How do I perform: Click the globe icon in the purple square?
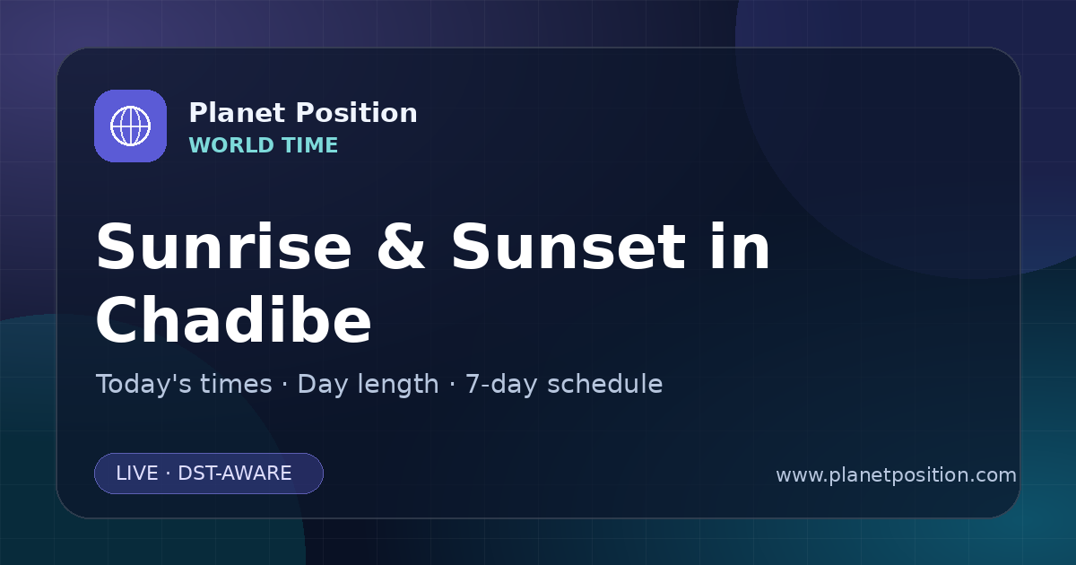click(x=130, y=126)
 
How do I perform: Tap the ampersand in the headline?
click(x=401, y=247)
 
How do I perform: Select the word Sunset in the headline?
click(x=568, y=247)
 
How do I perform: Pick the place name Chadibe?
click(x=233, y=319)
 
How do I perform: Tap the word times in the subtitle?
click(x=236, y=385)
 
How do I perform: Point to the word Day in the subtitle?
click(x=322, y=386)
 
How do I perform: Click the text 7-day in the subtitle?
click(x=501, y=386)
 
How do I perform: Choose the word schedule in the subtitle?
click(x=604, y=385)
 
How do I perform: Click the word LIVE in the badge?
click(x=137, y=474)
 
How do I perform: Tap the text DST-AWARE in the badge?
click(x=234, y=474)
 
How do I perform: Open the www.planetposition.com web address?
click(x=896, y=475)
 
